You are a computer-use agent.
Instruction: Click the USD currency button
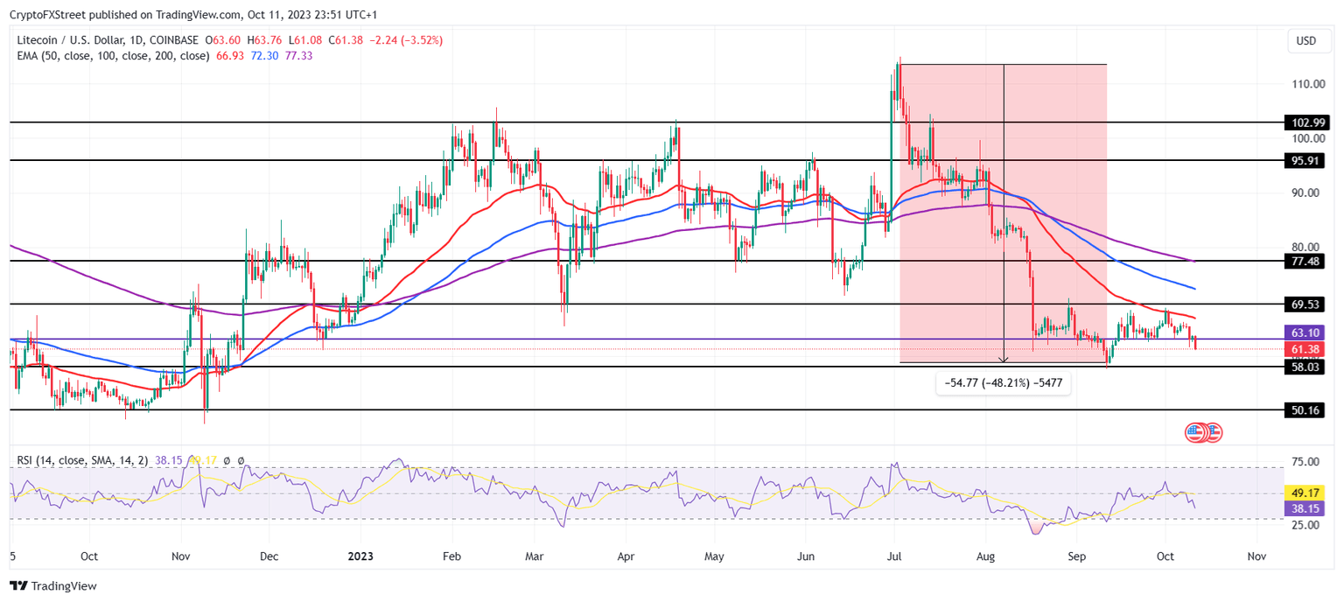pyautogui.click(x=1305, y=41)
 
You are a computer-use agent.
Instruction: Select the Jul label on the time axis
pyautogui.click(x=894, y=556)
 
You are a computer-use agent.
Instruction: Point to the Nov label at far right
pyautogui.click(x=1256, y=556)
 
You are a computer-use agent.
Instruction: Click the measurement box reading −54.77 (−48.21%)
pyautogui.click(x=1004, y=382)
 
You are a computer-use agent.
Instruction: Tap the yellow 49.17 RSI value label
pyautogui.click(x=1303, y=493)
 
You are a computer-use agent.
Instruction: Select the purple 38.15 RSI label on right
pyautogui.click(x=1303, y=508)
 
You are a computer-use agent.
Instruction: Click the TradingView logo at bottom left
pyautogui.click(x=53, y=586)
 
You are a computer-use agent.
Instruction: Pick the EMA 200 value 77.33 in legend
pyautogui.click(x=299, y=55)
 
